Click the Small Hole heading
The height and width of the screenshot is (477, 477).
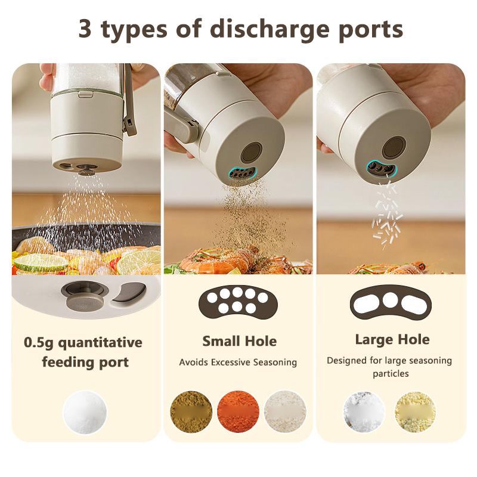(x=239, y=341)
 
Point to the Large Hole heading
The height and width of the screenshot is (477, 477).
(x=392, y=339)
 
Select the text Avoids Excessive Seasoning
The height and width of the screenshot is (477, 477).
(x=238, y=362)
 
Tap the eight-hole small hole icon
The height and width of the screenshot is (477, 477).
(x=238, y=301)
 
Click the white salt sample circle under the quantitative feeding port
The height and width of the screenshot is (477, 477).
(x=85, y=411)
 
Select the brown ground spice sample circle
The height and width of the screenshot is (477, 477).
(x=191, y=411)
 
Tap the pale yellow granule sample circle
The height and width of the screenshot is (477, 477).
(x=415, y=412)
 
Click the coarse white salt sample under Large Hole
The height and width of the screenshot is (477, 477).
(x=364, y=412)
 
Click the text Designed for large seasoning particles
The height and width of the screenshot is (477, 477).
(x=389, y=367)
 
